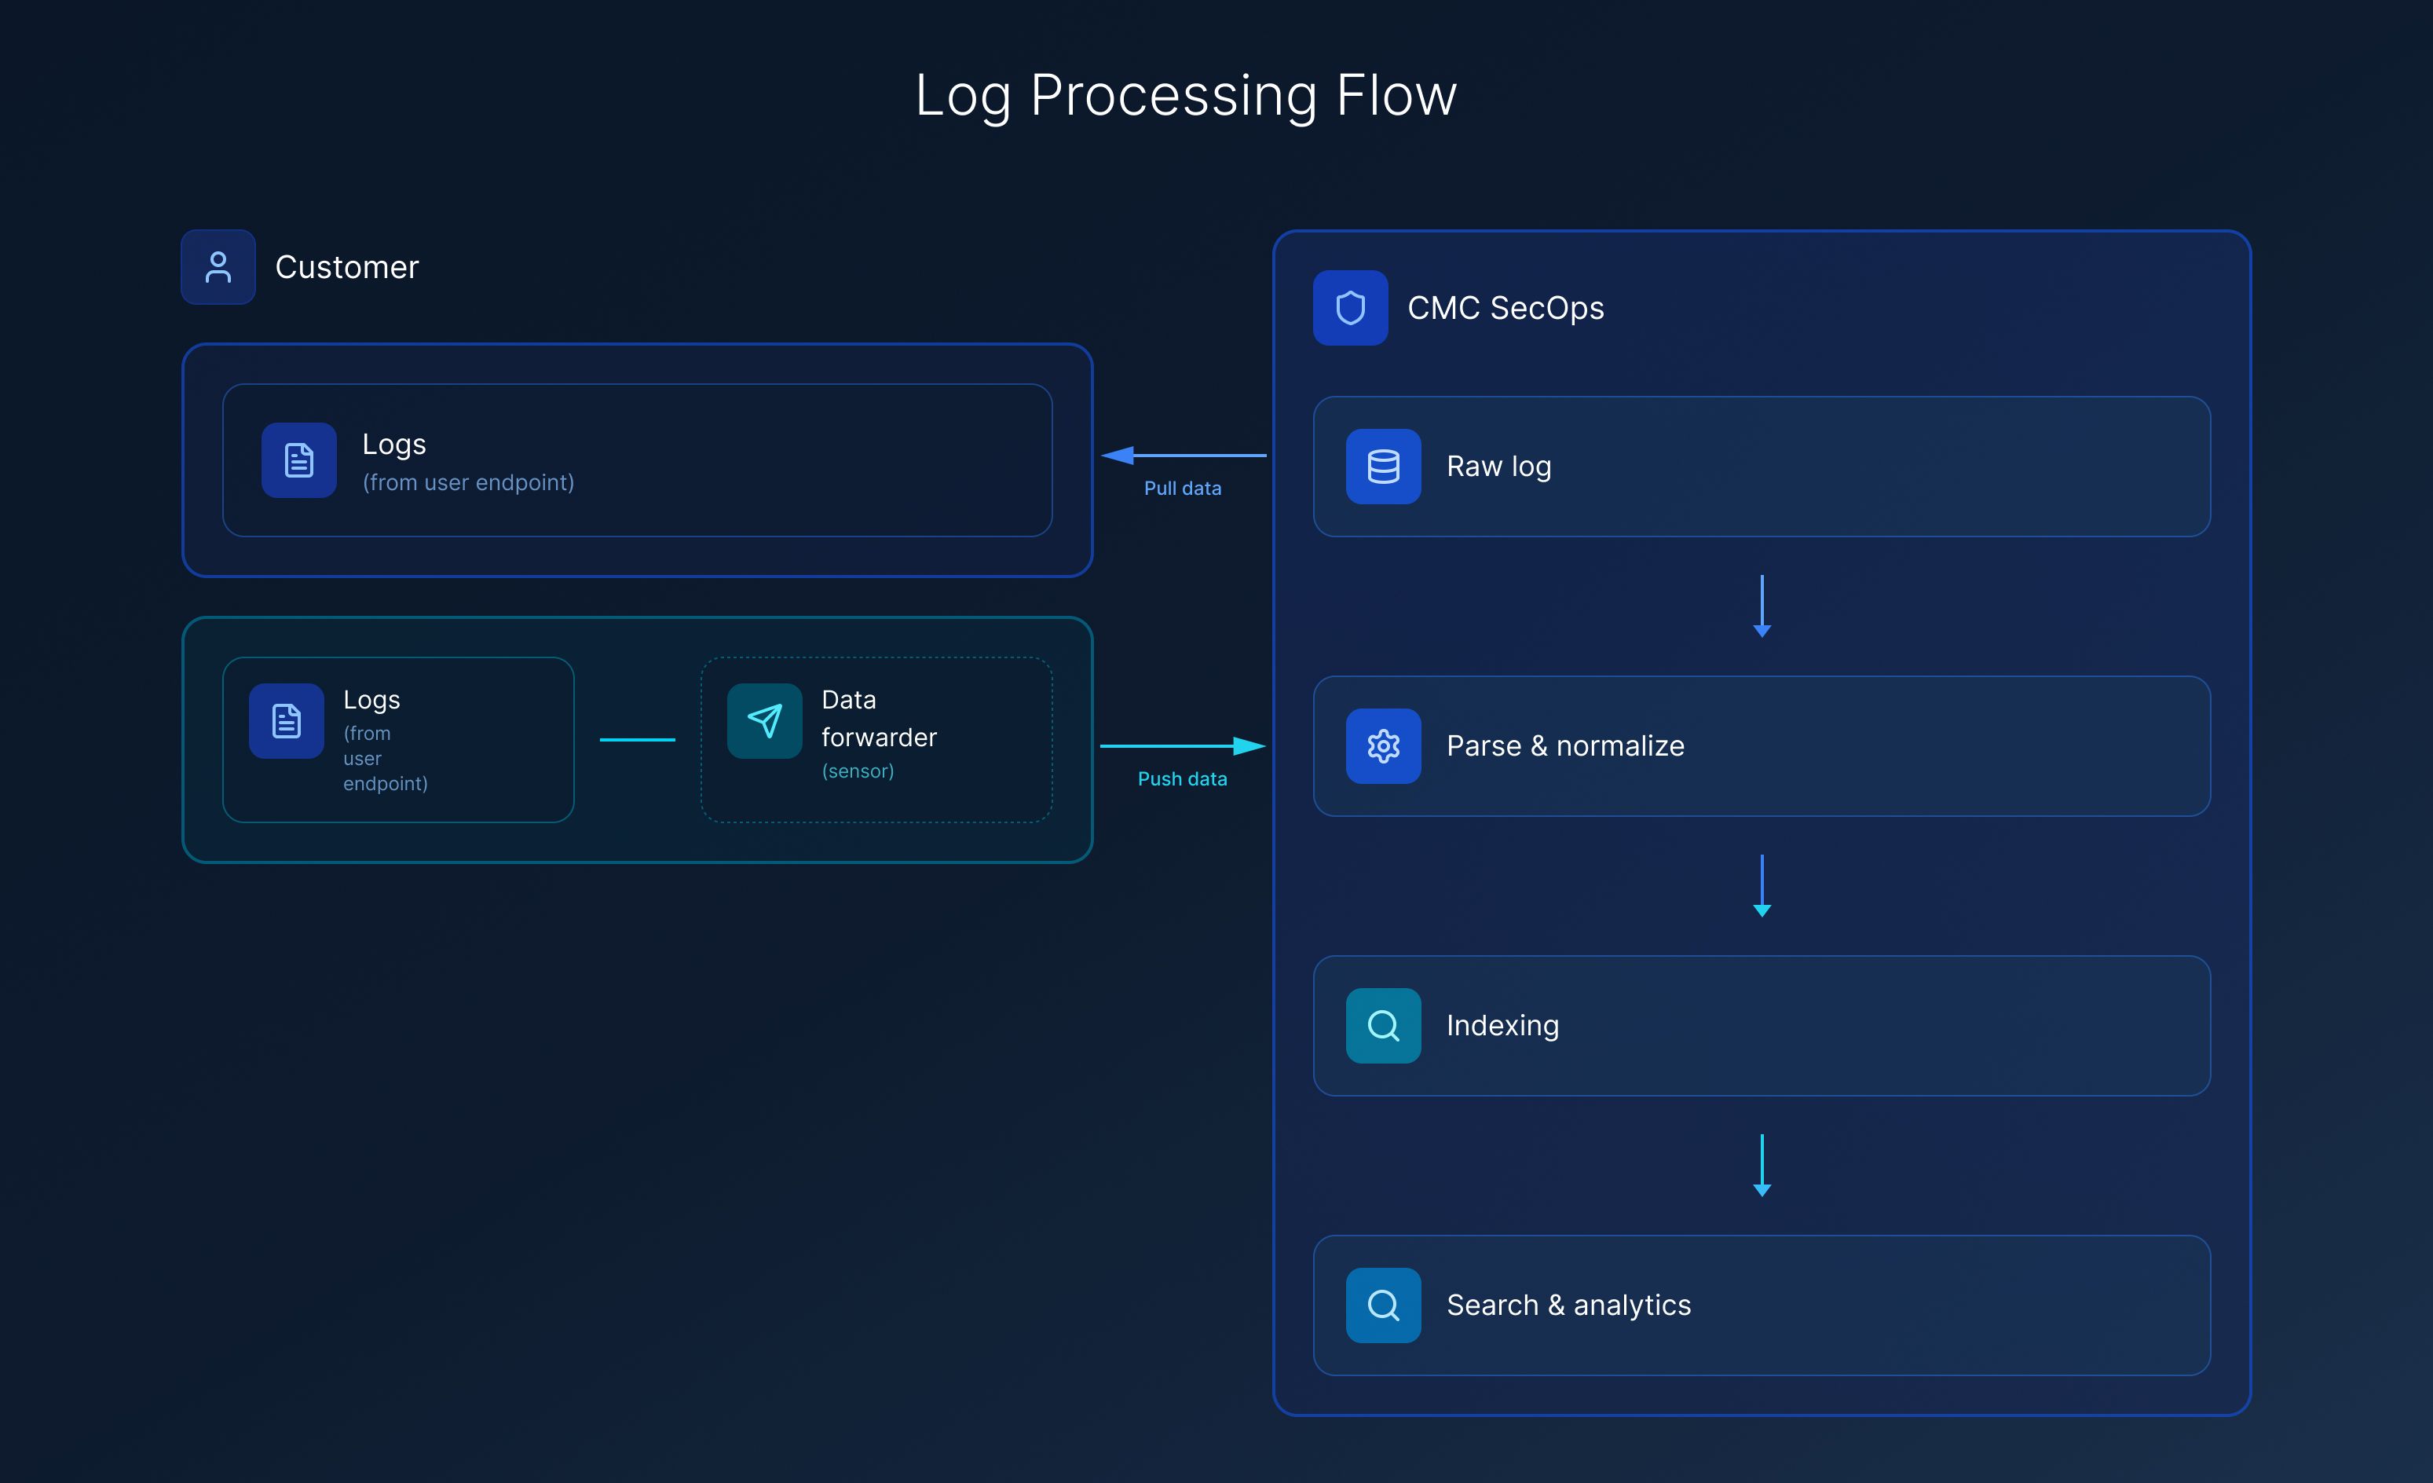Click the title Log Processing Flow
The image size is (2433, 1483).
pyautogui.click(x=1185, y=96)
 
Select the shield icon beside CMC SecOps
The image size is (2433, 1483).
pyautogui.click(x=1350, y=308)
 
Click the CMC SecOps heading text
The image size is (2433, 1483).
pyautogui.click(x=1505, y=308)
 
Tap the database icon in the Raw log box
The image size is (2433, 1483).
pyautogui.click(x=1382, y=466)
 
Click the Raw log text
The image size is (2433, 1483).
pyautogui.click(x=1498, y=466)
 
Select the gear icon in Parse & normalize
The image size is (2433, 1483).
pyautogui.click(x=1382, y=745)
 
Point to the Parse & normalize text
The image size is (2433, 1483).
pyautogui.click(x=1565, y=745)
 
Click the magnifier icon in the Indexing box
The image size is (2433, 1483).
pyautogui.click(x=1382, y=1025)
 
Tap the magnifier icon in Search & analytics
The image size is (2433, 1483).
pyautogui.click(x=1382, y=1304)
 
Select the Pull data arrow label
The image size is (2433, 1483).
pyautogui.click(x=1182, y=488)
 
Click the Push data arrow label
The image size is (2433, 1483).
pyautogui.click(x=1182, y=778)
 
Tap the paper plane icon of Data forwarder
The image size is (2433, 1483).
pyautogui.click(x=764, y=721)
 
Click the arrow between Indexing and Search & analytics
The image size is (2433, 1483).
pyautogui.click(x=1762, y=1164)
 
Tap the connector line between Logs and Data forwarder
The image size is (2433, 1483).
pyautogui.click(x=637, y=738)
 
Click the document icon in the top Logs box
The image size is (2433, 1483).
pyautogui.click(x=298, y=460)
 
